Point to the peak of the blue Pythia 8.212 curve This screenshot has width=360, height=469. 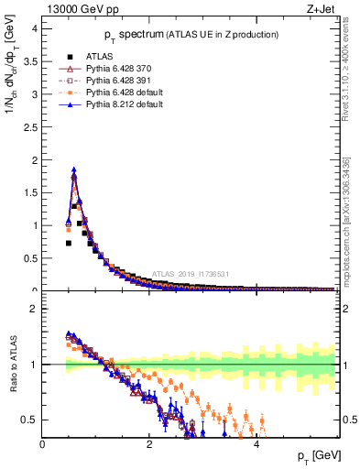74,169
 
